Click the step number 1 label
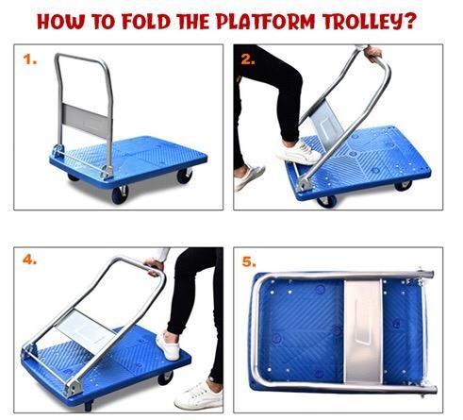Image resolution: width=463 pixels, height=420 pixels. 30,60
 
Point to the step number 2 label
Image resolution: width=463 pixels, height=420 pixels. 247,59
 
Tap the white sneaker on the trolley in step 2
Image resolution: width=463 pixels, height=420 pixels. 299,152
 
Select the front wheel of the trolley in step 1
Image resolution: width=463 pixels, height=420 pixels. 121,193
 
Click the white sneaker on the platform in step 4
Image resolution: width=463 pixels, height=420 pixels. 168,346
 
